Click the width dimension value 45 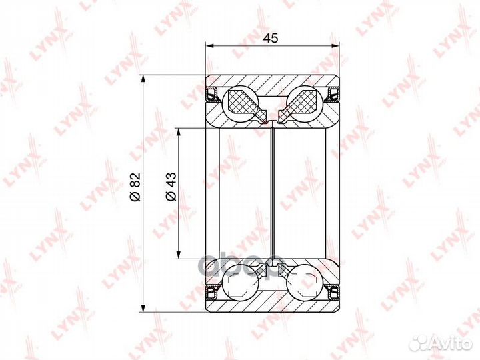pos(270,38)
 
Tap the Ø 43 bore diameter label pos(170,187)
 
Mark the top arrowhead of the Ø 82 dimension pos(143,77)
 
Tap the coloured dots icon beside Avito pos(421,342)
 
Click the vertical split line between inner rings pos(273,193)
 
